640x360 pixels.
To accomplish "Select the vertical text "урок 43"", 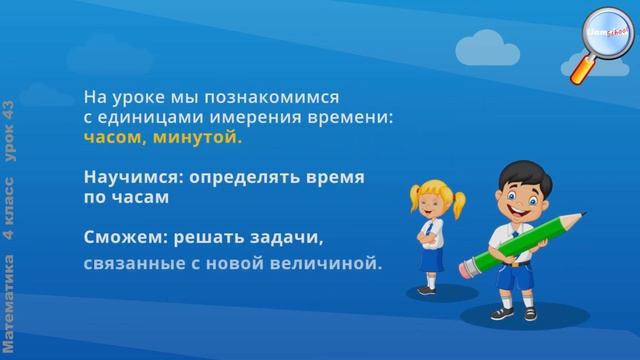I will pyautogui.click(x=9, y=126).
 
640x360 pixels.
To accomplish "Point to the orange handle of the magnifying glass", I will pyautogui.click(x=580, y=70).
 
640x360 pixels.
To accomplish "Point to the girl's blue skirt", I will pyautogui.click(x=430, y=261).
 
